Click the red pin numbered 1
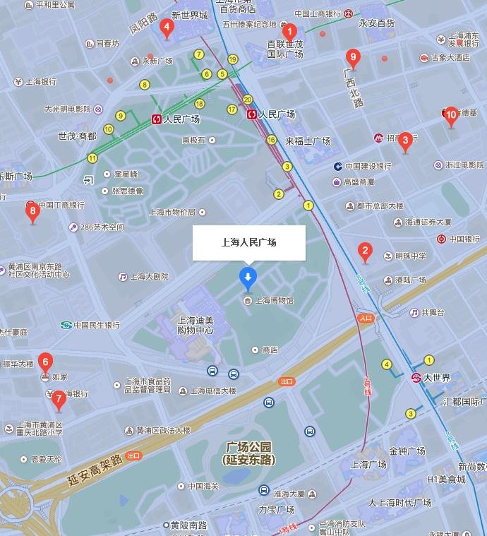pos(289,32)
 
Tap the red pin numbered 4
pos(167,29)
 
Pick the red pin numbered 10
pos(451,115)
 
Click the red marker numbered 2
pos(365,251)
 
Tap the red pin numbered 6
pos(45,363)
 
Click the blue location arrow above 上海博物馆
pos(248,277)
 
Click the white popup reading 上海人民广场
pos(248,242)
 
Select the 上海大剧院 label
pos(149,277)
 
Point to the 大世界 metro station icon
pos(416,378)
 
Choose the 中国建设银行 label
pos(368,167)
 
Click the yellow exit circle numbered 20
pos(247,100)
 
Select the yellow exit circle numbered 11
pos(92,157)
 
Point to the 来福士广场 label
pos(308,141)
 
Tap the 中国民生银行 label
pos(97,326)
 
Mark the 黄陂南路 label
pos(188,525)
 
